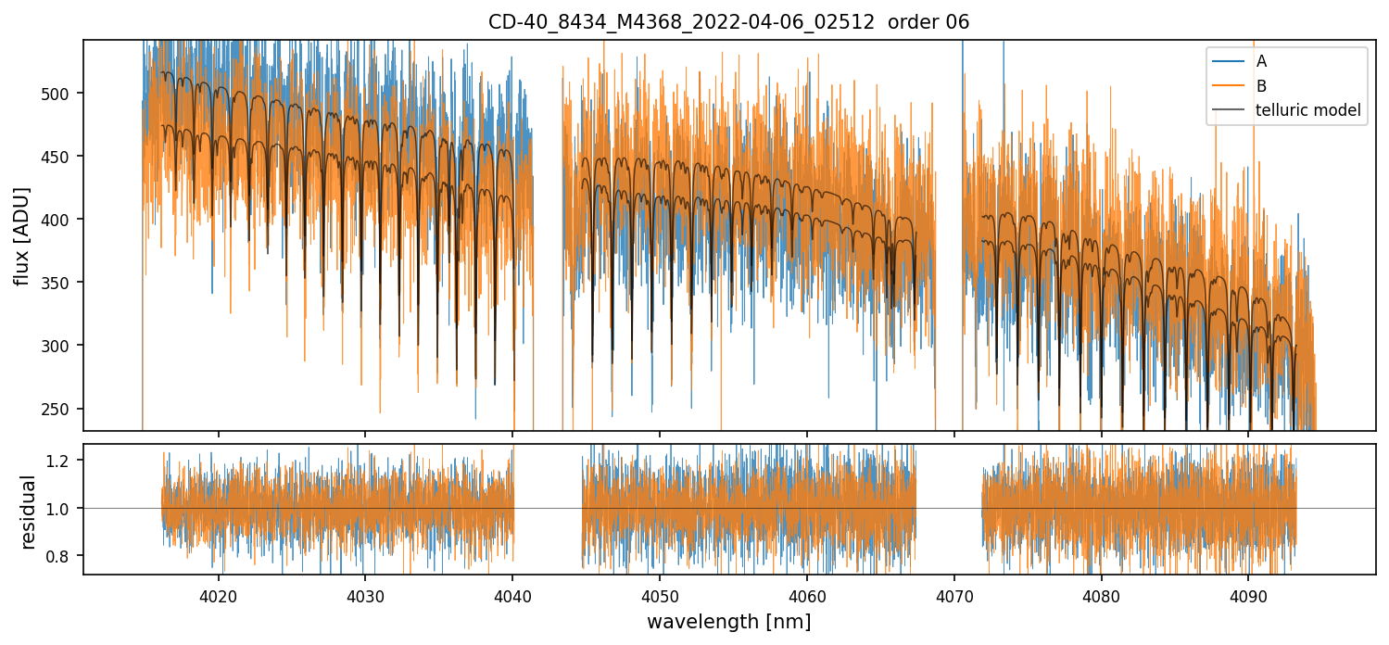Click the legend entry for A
[1261, 61]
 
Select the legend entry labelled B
[1261, 86]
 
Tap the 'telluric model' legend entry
[1307, 110]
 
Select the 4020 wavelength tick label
[219, 592]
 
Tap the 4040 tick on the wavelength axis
[512, 592]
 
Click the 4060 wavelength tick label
[806, 592]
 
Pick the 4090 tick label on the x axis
[1247, 592]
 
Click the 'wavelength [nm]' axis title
[728, 621]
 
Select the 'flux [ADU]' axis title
[21, 235]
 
